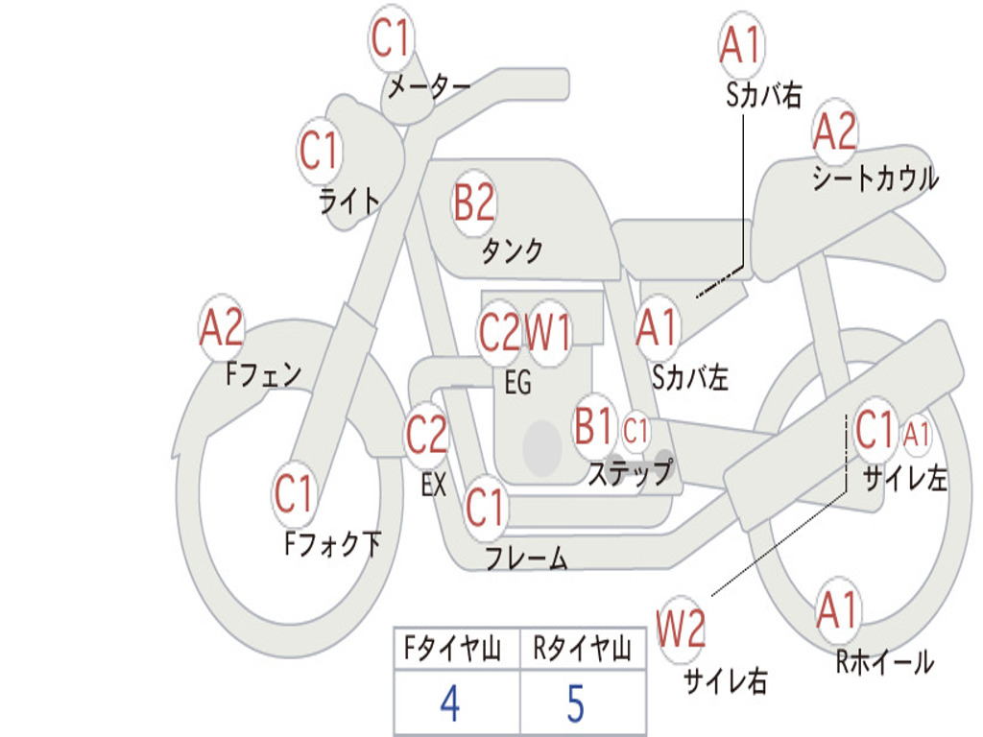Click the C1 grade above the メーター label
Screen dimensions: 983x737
tap(390, 38)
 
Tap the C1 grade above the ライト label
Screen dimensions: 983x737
tap(319, 151)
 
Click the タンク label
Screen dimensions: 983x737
tap(513, 250)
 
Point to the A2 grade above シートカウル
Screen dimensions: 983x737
tap(834, 131)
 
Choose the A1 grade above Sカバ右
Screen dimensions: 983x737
tap(742, 44)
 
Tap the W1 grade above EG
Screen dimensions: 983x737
tap(548, 331)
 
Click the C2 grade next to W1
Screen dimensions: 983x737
tap(499, 331)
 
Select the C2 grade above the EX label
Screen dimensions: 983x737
tap(426, 434)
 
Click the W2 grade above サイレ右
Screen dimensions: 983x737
tap(681, 628)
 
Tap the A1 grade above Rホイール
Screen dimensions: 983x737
tap(837, 609)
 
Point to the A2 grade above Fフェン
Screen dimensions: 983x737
tap(221, 326)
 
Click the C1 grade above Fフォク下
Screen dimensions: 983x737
tap(293, 492)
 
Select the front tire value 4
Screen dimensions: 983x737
tap(450, 703)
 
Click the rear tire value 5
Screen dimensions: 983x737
tap(576, 703)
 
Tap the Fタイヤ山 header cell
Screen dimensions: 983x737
tap(457, 648)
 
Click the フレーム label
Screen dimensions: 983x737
tap(527, 558)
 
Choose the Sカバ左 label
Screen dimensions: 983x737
tap(689, 377)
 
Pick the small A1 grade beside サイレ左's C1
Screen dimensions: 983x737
tap(916, 434)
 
